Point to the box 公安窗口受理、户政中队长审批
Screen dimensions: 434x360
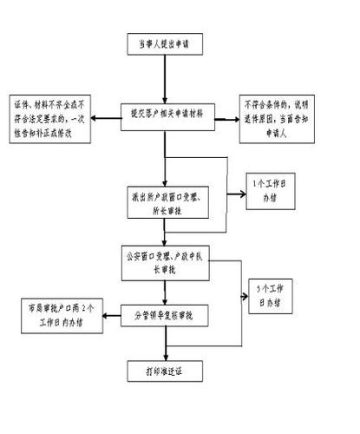[165, 261]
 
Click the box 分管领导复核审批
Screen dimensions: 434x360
[165, 313]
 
